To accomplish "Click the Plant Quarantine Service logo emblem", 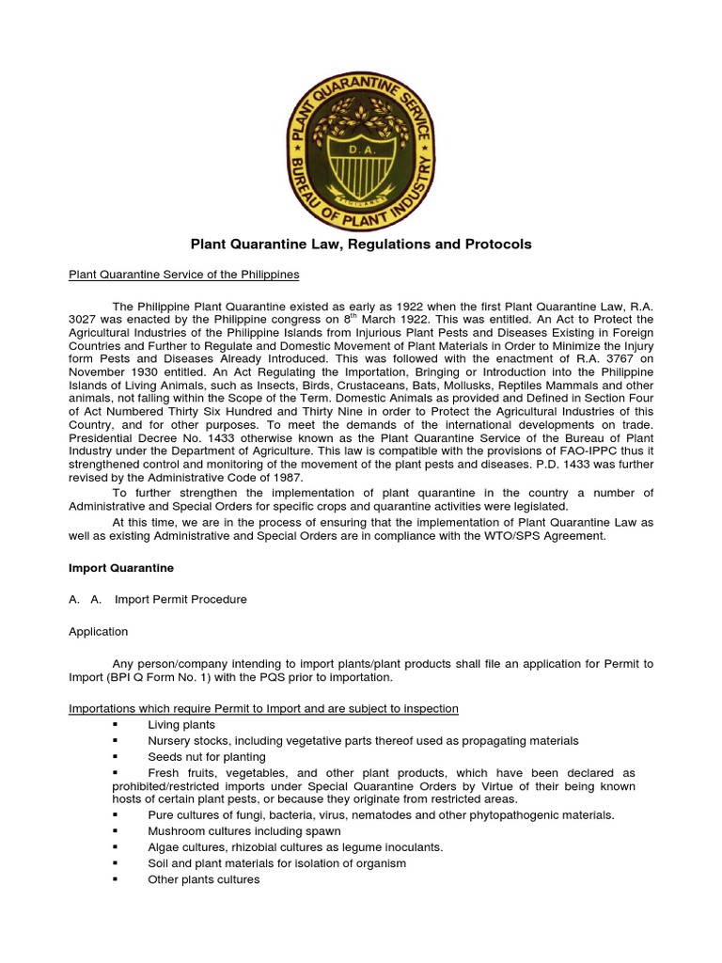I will point(361,149).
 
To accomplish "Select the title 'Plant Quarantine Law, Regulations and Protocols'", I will point(361,245).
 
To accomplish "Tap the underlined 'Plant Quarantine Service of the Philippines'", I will point(184,275).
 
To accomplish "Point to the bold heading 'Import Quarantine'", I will point(120,568).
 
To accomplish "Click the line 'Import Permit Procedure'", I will point(180,600).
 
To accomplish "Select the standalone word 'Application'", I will point(99,632).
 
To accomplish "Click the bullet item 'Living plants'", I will point(181,725).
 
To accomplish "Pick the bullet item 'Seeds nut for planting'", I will point(207,756).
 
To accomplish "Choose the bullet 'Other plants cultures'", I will point(203,879).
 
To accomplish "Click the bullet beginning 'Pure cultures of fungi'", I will point(381,815).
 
